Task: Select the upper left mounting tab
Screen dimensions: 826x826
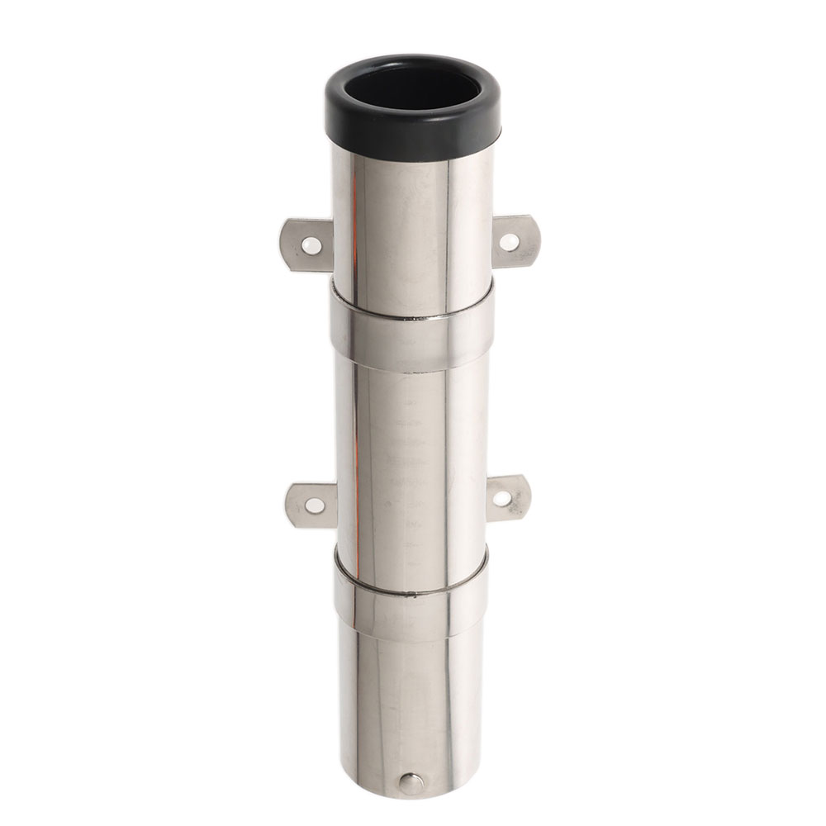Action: coord(306,244)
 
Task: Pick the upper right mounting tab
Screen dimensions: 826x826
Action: coord(516,241)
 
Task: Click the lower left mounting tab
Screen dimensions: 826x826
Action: coord(311,505)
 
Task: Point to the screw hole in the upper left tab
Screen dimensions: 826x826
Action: coord(312,245)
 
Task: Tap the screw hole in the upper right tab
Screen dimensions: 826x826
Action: coord(510,242)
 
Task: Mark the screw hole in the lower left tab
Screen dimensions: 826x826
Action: coord(315,506)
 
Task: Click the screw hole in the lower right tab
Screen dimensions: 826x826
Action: coord(502,499)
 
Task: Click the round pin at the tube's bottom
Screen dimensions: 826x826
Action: coord(411,784)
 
